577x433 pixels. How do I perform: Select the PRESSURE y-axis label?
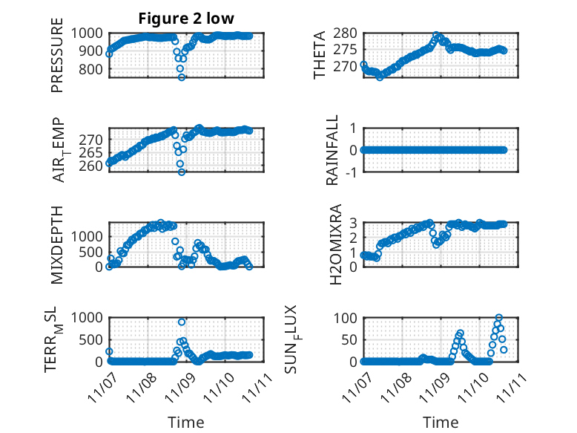(x=57, y=60)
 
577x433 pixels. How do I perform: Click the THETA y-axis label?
(x=319, y=56)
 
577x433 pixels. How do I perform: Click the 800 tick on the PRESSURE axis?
(x=92, y=69)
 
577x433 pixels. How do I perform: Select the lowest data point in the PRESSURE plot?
(x=181, y=77)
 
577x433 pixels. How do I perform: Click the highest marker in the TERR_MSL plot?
(x=182, y=322)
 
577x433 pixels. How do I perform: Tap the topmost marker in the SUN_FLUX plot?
(x=498, y=318)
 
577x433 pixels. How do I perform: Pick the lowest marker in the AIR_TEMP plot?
(x=181, y=172)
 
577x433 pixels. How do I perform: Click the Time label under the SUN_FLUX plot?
(x=441, y=422)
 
